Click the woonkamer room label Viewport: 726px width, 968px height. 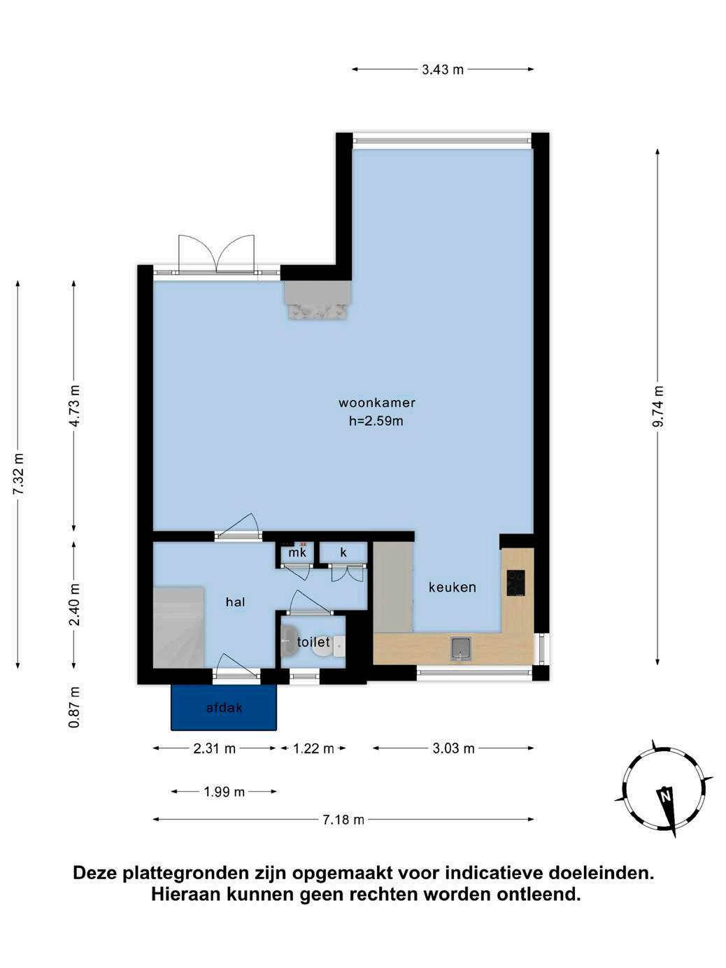[377, 402]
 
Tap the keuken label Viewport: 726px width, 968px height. [453, 587]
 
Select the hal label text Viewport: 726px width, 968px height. [236, 602]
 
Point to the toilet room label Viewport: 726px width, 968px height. [313, 641]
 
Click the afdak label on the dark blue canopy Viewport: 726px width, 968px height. [225, 708]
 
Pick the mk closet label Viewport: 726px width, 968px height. [297, 552]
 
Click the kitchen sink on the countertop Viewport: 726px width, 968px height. [460, 648]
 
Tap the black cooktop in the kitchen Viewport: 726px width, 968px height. [515, 583]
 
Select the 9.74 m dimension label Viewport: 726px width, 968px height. [658, 406]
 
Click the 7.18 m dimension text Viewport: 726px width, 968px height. [343, 820]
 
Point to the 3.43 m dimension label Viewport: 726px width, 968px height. [443, 69]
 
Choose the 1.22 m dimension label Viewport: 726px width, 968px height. [313, 748]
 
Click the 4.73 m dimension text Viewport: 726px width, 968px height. [75, 406]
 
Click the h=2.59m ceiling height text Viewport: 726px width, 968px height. [376, 421]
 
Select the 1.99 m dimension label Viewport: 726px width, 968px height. [224, 792]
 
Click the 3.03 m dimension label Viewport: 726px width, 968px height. [453, 748]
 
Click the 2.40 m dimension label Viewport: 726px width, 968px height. [75, 604]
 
